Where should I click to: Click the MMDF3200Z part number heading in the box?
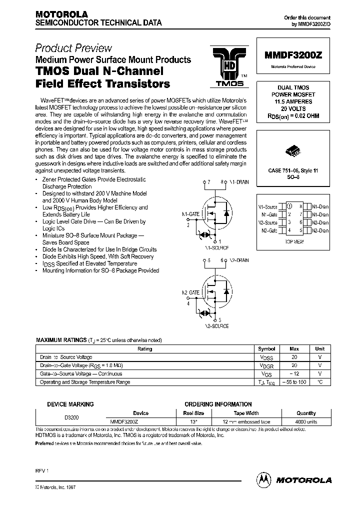292,56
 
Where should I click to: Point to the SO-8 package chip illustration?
292,150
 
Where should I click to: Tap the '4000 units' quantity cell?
306,422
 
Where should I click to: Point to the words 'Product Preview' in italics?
73,48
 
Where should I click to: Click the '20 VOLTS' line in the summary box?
293,108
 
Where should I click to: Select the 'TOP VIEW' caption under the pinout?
294,241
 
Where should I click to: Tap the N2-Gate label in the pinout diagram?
268,230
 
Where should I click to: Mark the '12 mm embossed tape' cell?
246,422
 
